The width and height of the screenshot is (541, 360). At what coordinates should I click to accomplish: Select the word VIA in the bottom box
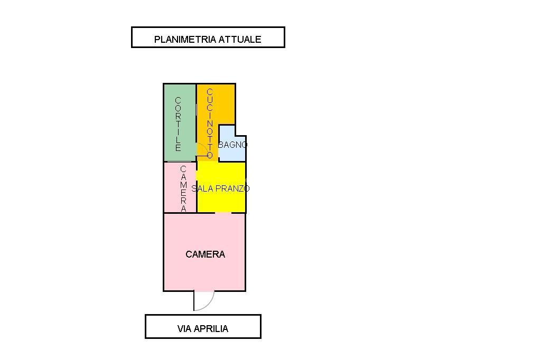click(x=184, y=329)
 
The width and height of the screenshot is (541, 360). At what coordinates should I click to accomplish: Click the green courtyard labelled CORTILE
click(x=180, y=122)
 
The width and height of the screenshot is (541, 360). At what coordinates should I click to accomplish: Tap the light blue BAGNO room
click(x=232, y=145)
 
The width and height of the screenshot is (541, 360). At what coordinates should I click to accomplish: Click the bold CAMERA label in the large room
click(x=206, y=254)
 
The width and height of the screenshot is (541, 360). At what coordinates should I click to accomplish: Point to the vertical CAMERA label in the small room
click(x=183, y=188)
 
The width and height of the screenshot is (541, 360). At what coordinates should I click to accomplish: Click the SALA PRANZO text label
click(x=220, y=188)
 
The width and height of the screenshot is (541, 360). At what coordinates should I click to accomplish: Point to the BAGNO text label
click(x=232, y=145)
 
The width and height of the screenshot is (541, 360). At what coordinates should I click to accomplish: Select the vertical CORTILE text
click(x=178, y=124)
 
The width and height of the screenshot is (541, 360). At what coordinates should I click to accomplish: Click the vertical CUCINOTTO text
click(x=210, y=124)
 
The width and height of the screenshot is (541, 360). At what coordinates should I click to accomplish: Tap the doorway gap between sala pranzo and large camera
click(x=223, y=213)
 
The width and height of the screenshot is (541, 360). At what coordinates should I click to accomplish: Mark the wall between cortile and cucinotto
click(x=197, y=122)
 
